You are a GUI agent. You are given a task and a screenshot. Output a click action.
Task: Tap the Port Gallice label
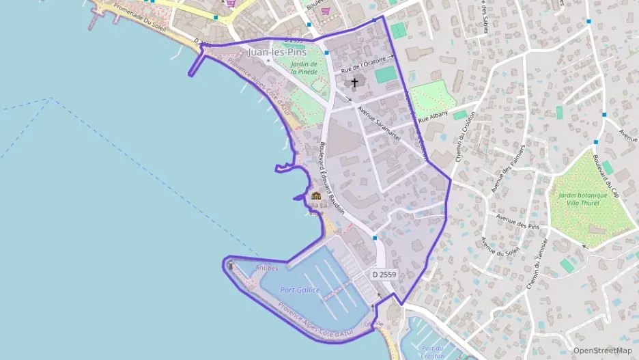click(x=300, y=290)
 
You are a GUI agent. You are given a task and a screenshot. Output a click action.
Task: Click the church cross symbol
click(x=354, y=83)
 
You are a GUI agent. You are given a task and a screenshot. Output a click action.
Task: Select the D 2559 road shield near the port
click(x=384, y=274)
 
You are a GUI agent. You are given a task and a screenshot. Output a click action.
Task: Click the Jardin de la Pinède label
click(x=304, y=67)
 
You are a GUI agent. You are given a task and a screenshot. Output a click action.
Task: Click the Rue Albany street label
click(x=432, y=116)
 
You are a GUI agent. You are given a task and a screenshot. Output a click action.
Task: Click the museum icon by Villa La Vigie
click(x=315, y=197)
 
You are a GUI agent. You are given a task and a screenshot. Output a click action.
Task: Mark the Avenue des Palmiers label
click(x=507, y=168)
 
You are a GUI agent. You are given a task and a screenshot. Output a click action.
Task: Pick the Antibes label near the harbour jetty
click(x=266, y=268)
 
